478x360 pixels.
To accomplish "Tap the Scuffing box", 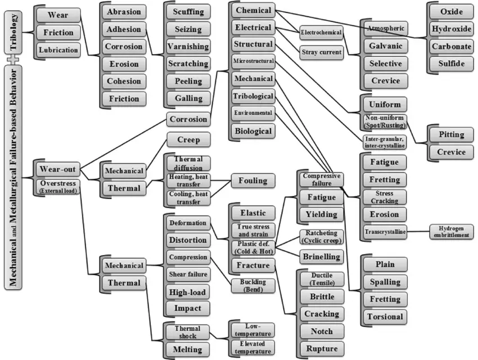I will (x=188, y=12).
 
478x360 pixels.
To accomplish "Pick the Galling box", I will (x=188, y=98).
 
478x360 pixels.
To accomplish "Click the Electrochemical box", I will (x=321, y=33).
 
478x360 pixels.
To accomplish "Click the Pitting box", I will (x=452, y=134).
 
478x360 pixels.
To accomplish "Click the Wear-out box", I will (x=58, y=169).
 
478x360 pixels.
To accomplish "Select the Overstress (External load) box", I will (x=58, y=186).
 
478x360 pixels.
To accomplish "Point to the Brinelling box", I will (x=320, y=257).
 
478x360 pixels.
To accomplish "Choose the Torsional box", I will (x=385, y=316).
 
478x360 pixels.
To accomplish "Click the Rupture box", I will (x=322, y=348).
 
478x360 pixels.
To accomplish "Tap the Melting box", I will (x=187, y=349).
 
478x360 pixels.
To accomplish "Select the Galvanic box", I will (x=385, y=46).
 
